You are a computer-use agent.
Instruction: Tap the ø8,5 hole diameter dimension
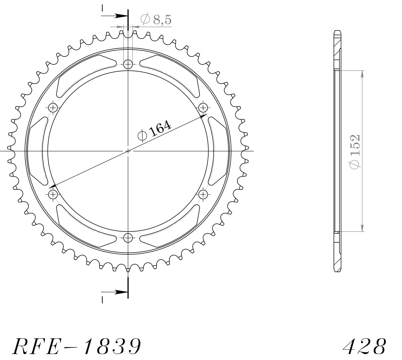click(156, 20)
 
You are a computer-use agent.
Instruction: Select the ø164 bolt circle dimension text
click(154, 130)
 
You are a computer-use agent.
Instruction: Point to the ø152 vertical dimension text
click(354, 152)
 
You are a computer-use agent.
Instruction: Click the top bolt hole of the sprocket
click(128, 64)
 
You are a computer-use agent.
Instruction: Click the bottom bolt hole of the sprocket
click(128, 238)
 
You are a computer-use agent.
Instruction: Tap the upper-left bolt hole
click(53, 108)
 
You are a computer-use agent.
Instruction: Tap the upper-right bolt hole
click(203, 108)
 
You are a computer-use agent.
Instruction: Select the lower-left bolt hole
click(53, 194)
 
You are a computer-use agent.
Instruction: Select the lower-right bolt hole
click(203, 194)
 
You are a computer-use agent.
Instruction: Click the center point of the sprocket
click(128, 151)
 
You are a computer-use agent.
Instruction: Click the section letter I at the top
click(102, 8)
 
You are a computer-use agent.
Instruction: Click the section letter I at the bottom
click(102, 300)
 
